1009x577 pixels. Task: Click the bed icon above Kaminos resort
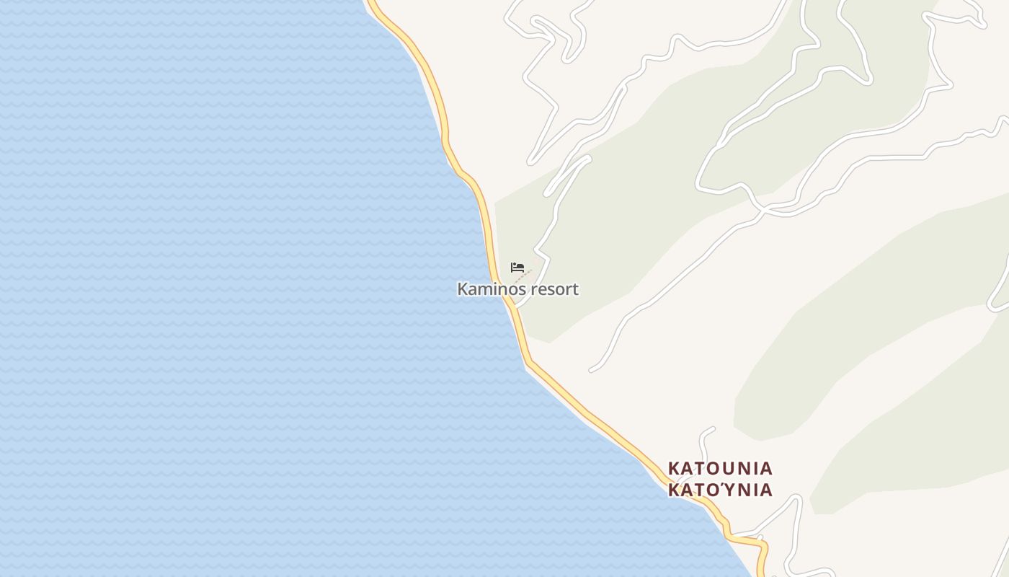point(517,268)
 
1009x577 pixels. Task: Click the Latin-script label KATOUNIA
point(720,469)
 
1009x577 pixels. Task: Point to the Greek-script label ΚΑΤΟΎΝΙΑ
point(720,490)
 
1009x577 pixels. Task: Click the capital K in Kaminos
point(462,289)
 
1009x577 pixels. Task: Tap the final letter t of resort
point(575,289)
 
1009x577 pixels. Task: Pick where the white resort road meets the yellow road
point(514,307)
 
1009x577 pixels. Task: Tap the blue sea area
point(216,288)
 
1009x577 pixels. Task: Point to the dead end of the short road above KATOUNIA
point(712,428)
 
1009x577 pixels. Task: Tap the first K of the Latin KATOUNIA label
point(674,469)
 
